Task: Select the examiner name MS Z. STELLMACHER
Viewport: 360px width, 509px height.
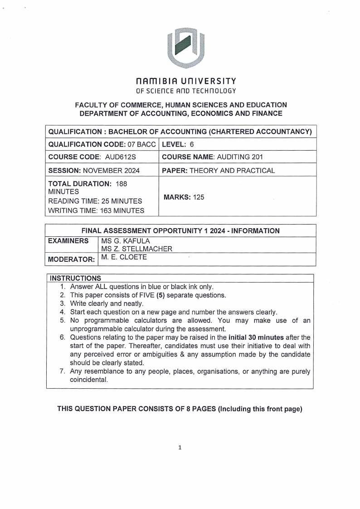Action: [137, 249]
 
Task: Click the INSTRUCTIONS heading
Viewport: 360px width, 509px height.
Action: [75, 278]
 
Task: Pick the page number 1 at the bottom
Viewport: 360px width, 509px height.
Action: [180, 448]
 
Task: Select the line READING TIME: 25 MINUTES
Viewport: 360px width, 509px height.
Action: [95, 201]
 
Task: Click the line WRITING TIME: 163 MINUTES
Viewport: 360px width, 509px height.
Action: [96, 210]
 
